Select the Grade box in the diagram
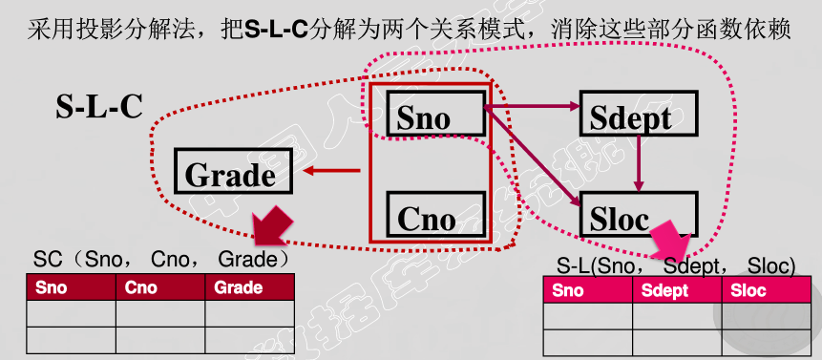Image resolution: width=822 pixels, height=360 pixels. click(x=230, y=173)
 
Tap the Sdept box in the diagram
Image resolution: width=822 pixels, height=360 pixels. click(x=638, y=116)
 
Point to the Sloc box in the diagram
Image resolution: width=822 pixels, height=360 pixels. click(x=638, y=215)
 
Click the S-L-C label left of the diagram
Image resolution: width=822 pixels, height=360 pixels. click(x=99, y=106)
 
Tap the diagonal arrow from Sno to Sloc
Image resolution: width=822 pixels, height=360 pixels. click(x=533, y=159)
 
